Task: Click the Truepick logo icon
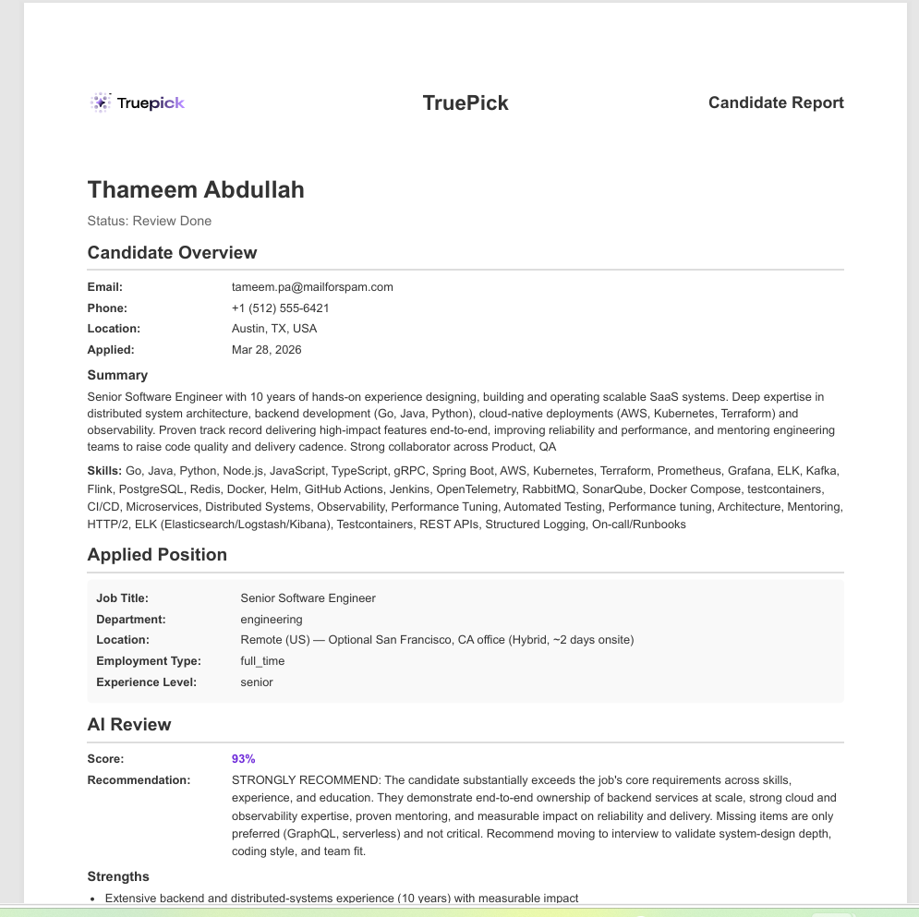(100, 103)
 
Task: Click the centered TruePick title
(466, 103)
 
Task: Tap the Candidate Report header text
(776, 103)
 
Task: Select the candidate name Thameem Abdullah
(196, 189)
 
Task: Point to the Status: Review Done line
(149, 221)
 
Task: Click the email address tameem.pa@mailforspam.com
(312, 287)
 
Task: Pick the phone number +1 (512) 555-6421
(281, 308)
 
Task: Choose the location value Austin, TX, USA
(274, 329)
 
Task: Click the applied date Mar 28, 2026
(266, 350)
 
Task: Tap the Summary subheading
(117, 375)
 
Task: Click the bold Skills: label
(104, 471)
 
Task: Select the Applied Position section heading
(157, 555)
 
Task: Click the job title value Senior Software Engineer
(308, 598)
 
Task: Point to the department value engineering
(272, 620)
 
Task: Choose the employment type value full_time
(262, 661)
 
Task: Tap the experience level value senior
(257, 682)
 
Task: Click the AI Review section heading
(129, 725)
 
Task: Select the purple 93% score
(243, 759)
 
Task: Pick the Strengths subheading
(118, 876)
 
